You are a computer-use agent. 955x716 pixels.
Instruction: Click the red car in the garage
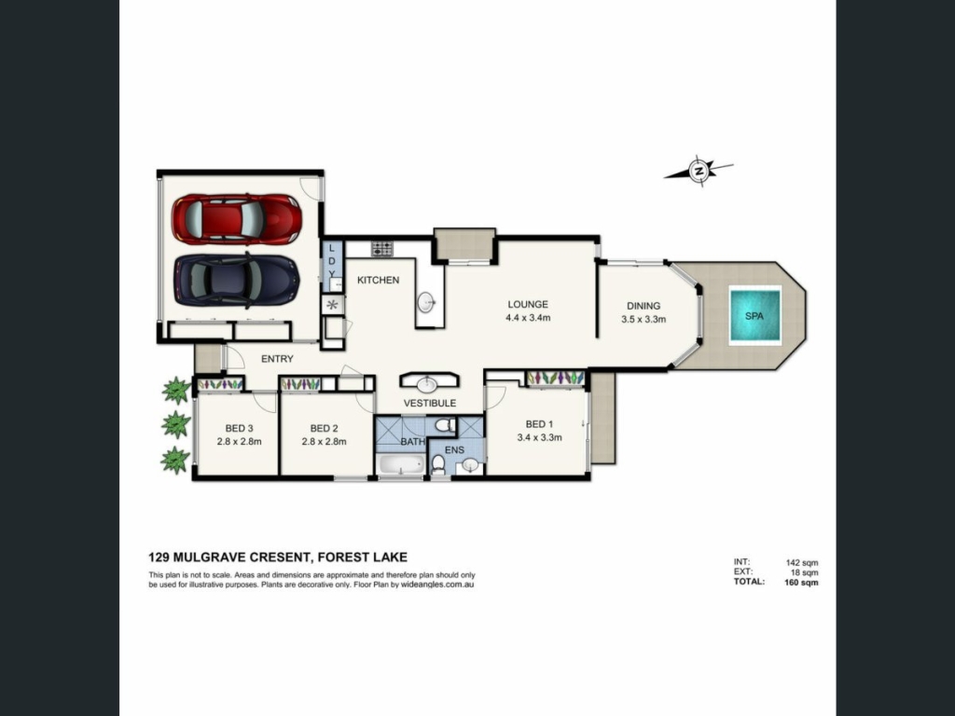[237, 219]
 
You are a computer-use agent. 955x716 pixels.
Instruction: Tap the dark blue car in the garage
[237, 280]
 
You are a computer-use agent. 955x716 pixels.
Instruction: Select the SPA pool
[754, 316]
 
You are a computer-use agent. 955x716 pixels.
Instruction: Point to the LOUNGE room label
[528, 305]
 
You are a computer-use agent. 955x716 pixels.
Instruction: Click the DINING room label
[644, 306]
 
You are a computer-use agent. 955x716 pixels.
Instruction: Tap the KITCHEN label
[379, 280]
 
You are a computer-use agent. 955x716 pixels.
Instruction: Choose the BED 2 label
[324, 428]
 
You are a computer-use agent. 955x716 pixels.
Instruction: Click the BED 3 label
[240, 428]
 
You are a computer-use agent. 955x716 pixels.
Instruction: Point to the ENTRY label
[277, 359]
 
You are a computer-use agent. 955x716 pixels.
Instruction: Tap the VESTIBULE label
[430, 403]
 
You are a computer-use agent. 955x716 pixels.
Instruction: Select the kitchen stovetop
[383, 248]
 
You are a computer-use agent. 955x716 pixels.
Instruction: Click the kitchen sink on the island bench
[426, 302]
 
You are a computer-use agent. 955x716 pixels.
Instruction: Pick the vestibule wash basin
[427, 383]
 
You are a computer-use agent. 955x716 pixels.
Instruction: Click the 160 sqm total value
[801, 582]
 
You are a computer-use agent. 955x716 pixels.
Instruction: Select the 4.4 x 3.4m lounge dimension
[528, 318]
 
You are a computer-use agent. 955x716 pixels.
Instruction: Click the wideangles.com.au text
[437, 585]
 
